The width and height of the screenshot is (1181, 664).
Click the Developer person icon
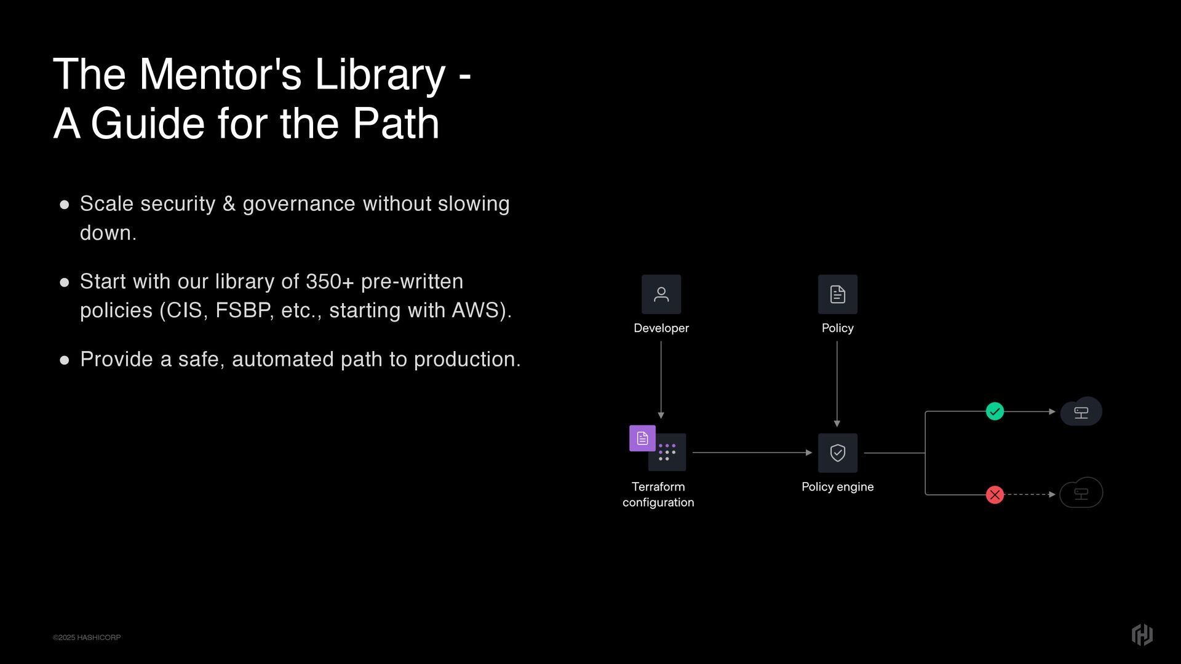661,294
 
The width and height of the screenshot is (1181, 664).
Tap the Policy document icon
837,294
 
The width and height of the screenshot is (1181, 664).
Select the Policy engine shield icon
837,453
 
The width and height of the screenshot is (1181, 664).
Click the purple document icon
642,438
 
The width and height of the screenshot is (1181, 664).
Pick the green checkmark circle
995,411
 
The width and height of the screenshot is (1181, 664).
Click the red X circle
995,494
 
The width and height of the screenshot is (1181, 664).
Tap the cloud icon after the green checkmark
1081,412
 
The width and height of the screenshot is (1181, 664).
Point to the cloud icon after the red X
1081,493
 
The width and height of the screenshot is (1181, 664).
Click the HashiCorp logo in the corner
1142,634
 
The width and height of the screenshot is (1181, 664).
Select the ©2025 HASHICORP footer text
87,638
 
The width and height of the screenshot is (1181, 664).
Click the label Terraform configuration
658,494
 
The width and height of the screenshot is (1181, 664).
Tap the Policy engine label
837,487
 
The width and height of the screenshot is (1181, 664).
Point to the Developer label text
661,328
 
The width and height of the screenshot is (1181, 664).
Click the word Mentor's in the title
220,75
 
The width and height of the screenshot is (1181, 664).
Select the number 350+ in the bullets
330,282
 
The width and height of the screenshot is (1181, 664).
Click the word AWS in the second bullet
478,310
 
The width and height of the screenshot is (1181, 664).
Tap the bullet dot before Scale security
65,205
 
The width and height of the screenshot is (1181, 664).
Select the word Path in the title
396,124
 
